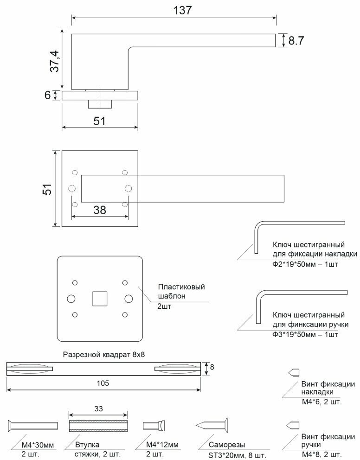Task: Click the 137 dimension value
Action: [x=182, y=10]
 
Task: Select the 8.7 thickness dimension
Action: [x=296, y=41]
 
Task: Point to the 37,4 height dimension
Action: [x=55, y=61]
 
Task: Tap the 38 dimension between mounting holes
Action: [x=100, y=210]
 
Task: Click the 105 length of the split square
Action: [x=103, y=383]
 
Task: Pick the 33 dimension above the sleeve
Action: [x=98, y=409]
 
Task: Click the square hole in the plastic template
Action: [x=100, y=298]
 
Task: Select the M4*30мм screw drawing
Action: [x=32, y=426]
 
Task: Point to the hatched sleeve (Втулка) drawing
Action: [x=98, y=426]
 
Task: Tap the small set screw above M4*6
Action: [x=293, y=372]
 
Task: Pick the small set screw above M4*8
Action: [x=293, y=424]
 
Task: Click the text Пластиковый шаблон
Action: [x=181, y=291]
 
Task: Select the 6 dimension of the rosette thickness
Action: [x=47, y=95]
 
